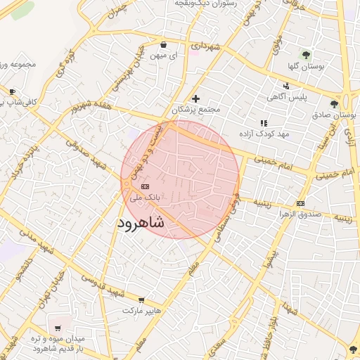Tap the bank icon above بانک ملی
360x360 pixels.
pyautogui.click(x=145, y=186)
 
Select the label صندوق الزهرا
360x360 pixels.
pyautogui.click(x=300, y=212)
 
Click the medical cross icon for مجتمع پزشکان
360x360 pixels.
pyautogui.click(x=195, y=98)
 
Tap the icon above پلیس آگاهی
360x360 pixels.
pyautogui.click(x=285, y=86)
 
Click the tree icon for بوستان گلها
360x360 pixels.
pyautogui.click(x=305, y=54)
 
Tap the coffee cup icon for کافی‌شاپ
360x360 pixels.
pyautogui.click(x=12, y=92)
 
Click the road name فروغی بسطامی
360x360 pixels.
pyautogui.click(x=226, y=210)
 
